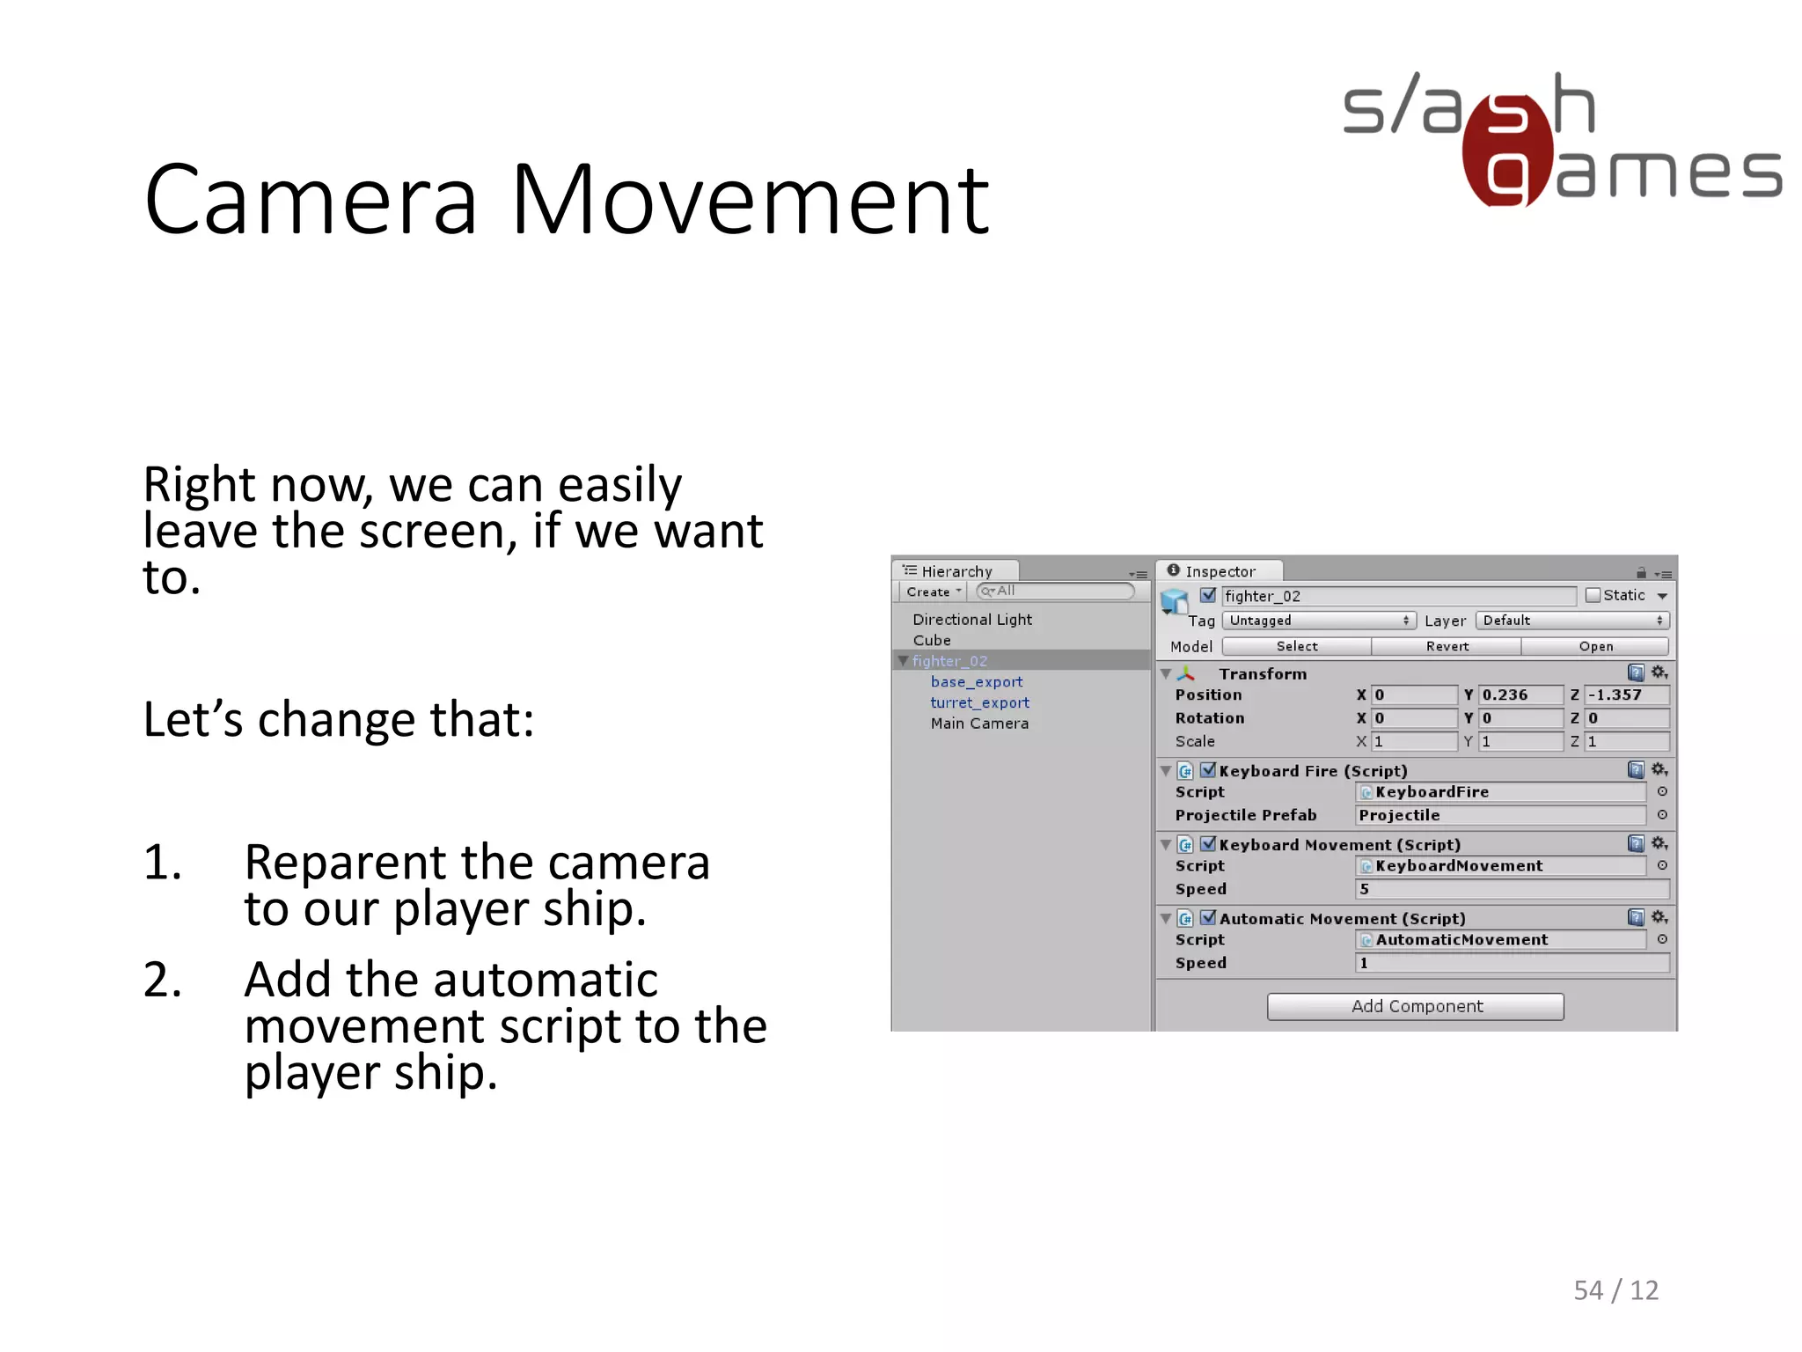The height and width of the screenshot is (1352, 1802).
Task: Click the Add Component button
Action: [1415, 1006]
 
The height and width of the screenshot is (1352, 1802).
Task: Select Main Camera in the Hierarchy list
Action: [979, 724]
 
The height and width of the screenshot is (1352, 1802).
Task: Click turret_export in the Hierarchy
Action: [979, 702]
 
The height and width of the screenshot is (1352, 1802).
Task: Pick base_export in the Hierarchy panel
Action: [977, 682]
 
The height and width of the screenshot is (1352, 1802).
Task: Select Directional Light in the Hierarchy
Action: [972, 620]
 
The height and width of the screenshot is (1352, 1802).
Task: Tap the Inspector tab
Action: [1219, 571]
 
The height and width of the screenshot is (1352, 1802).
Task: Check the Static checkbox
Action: [1593, 596]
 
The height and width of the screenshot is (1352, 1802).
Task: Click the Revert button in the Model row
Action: [1447, 647]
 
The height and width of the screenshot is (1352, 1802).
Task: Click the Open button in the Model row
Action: [1595, 647]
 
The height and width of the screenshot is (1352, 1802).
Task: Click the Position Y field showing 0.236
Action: [1520, 695]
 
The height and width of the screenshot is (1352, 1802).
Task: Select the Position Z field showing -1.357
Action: [1626, 695]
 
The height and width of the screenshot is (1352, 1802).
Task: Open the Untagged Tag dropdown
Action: [1318, 621]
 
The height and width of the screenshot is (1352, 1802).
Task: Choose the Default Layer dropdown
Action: [1572, 621]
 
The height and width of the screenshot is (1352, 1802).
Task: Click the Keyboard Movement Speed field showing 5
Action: [1512, 890]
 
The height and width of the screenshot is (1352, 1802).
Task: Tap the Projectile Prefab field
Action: [1500, 816]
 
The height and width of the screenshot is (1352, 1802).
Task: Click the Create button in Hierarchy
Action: [932, 592]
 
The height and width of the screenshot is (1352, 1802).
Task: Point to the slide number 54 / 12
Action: [1615, 1290]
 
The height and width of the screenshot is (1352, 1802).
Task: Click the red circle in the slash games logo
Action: [1507, 150]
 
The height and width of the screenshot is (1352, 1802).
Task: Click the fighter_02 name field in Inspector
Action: [1398, 597]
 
